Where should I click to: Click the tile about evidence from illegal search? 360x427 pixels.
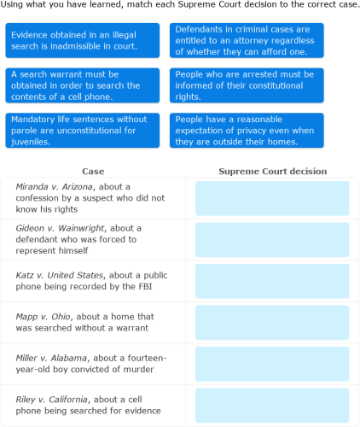(82, 40)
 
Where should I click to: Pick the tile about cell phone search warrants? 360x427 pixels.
(82, 85)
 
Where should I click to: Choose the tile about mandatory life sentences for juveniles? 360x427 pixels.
(82, 131)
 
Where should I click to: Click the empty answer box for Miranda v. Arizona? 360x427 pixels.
(272, 198)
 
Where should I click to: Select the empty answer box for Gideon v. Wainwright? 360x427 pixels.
(272, 240)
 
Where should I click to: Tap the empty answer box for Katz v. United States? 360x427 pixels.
(272, 281)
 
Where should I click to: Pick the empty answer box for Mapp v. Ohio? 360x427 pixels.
(272, 323)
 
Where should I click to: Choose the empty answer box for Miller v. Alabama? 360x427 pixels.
(272, 364)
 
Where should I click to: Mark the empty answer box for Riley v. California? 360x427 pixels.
(272, 405)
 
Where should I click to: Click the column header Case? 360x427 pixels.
(93, 172)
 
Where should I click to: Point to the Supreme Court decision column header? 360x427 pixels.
(272, 172)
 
